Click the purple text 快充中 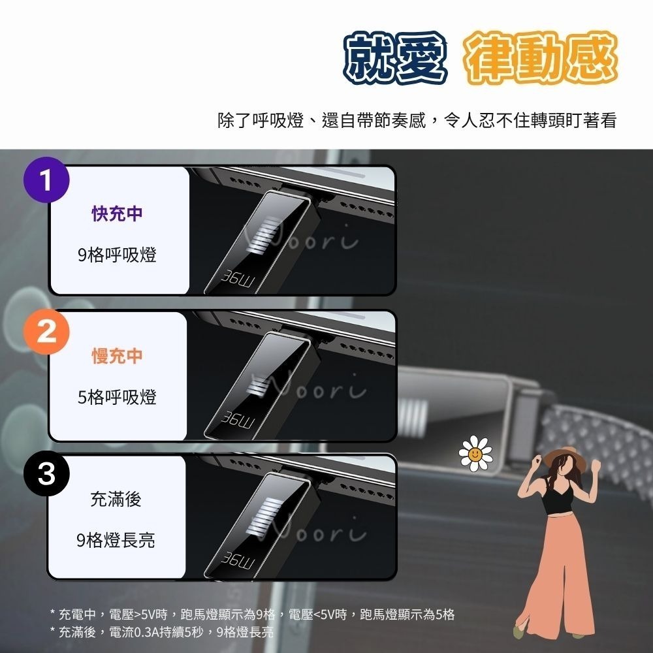coord(118,214)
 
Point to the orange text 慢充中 coord(118,357)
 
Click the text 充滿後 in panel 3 coord(116,500)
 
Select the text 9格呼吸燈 coord(118,255)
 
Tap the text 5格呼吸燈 coord(118,397)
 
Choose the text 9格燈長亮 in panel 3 coord(116,540)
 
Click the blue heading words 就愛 coord(396,59)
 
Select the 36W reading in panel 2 coord(238,422)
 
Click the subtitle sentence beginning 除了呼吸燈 coord(417,121)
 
